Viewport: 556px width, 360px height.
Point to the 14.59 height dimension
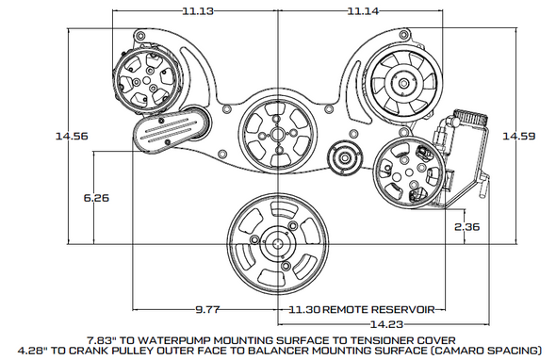pos(517,137)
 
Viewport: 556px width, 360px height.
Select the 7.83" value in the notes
pos(106,336)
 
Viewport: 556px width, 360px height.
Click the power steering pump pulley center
pos(403,172)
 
